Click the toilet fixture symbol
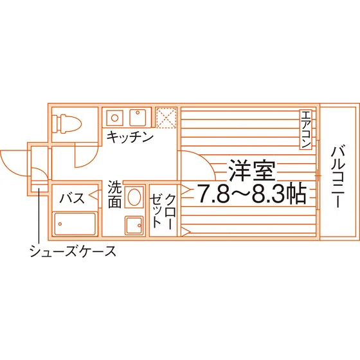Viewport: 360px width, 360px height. (x=67, y=124)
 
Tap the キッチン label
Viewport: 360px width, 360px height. (x=130, y=137)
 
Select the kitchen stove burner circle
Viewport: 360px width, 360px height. (x=114, y=118)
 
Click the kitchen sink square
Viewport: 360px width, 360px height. (x=138, y=117)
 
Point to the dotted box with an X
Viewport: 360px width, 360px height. (x=166, y=118)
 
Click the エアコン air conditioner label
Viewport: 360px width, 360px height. (x=306, y=130)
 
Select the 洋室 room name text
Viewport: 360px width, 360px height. (x=252, y=170)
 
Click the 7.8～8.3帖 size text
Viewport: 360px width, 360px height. (x=252, y=194)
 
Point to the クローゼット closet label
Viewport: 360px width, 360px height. (x=163, y=212)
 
